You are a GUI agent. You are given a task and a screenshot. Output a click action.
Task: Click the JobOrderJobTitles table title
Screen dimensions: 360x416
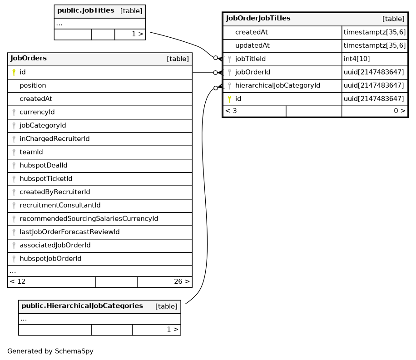click(x=258, y=19)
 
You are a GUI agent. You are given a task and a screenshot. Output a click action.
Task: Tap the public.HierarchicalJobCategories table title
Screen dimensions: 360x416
click(x=82, y=306)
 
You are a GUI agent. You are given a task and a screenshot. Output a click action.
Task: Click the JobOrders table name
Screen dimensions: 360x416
click(x=29, y=59)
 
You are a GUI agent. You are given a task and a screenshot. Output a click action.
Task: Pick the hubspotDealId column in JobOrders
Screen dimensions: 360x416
click(x=43, y=165)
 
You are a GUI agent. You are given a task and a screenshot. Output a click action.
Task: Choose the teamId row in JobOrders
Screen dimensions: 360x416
click(x=31, y=152)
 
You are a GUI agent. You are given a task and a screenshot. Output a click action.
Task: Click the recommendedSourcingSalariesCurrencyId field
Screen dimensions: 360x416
click(x=89, y=219)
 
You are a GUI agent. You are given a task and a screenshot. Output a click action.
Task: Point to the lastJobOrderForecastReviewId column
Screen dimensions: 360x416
click(x=69, y=232)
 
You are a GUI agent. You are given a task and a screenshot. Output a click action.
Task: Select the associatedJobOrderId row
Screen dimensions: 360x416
click(x=55, y=245)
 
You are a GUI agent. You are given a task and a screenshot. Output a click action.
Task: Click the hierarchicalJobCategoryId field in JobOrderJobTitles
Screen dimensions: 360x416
click(x=277, y=85)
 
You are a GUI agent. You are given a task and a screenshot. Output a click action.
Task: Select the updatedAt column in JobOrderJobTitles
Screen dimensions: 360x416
click(x=252, y=45)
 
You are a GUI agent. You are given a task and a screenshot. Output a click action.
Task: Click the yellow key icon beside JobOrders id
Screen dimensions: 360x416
click(x=14, y=72)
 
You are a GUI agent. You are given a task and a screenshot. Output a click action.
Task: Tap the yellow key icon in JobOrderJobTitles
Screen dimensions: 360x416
click(x=229, y=99)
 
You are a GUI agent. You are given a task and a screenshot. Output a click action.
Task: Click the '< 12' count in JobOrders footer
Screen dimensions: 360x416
click(x=18, y=281)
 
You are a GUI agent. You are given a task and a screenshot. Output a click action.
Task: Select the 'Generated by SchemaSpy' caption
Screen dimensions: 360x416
click(x=50, y=351)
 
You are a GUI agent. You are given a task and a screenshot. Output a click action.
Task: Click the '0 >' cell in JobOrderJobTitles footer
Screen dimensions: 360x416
click(x=399, y=111)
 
